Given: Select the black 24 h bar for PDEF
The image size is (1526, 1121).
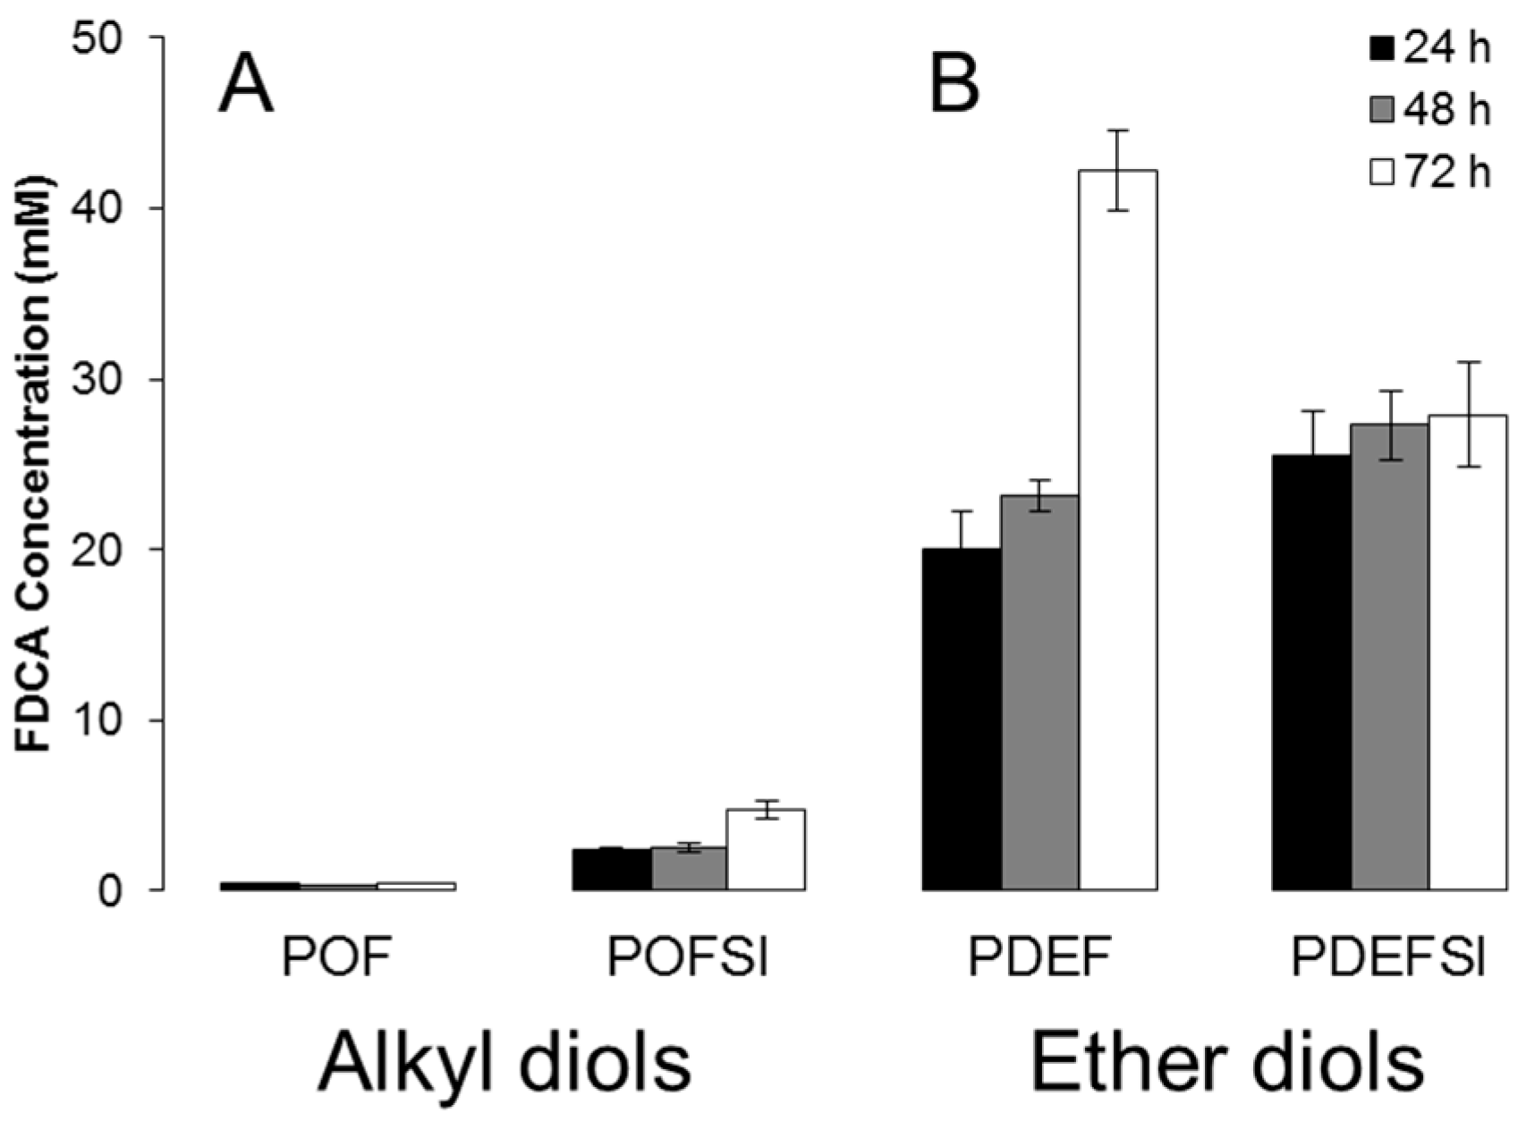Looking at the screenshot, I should click(962, 720).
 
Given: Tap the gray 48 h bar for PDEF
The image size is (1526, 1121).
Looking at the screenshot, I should click(1039, 693).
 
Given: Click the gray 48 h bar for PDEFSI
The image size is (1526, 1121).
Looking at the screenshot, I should click(1389, 657).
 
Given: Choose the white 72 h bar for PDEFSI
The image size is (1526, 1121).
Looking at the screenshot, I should click(1467, 653).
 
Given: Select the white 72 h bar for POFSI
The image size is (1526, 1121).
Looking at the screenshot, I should click(766, 850).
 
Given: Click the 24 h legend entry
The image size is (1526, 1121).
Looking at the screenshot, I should click(1430, 48).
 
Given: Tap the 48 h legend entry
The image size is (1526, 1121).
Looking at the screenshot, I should click(1430, 111).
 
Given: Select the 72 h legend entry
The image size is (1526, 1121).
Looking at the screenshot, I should click(1430, 173).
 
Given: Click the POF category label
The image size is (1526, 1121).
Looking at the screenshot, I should click(337, 960).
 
